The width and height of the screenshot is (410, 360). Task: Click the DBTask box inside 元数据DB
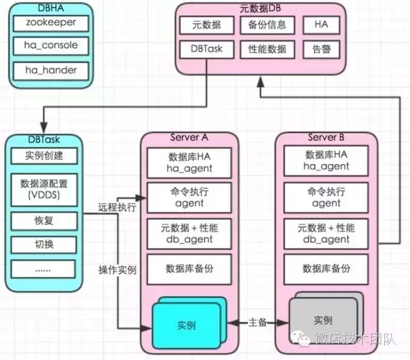pos(206,49)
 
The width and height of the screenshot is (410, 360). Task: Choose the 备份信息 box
pos(267,26)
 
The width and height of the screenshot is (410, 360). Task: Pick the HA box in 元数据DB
pos(321,26)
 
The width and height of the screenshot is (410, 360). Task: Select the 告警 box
pos(321,49)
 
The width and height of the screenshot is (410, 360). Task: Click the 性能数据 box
pos(267,49)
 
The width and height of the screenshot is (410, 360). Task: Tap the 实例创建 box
pos(43,156)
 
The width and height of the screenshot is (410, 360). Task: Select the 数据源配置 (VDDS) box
pos(43,189)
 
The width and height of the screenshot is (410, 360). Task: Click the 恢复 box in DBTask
pos(43,222)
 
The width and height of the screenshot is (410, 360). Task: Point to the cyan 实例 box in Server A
pos(186,325)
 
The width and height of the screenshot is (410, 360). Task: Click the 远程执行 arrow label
pos(117,208)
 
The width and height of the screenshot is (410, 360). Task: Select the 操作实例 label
pos(117,270)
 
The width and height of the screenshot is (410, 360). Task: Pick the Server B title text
pos(325,137)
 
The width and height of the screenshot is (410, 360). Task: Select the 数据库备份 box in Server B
pos(326,268)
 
